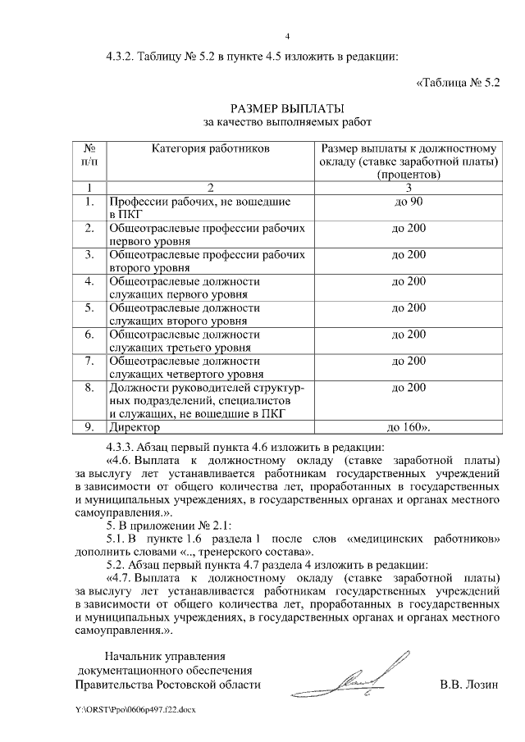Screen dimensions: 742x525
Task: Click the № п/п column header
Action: pyautogui.click(x=90, y=155)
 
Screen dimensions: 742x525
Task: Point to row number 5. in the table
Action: pyautogui.click(x=90, y=307)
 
